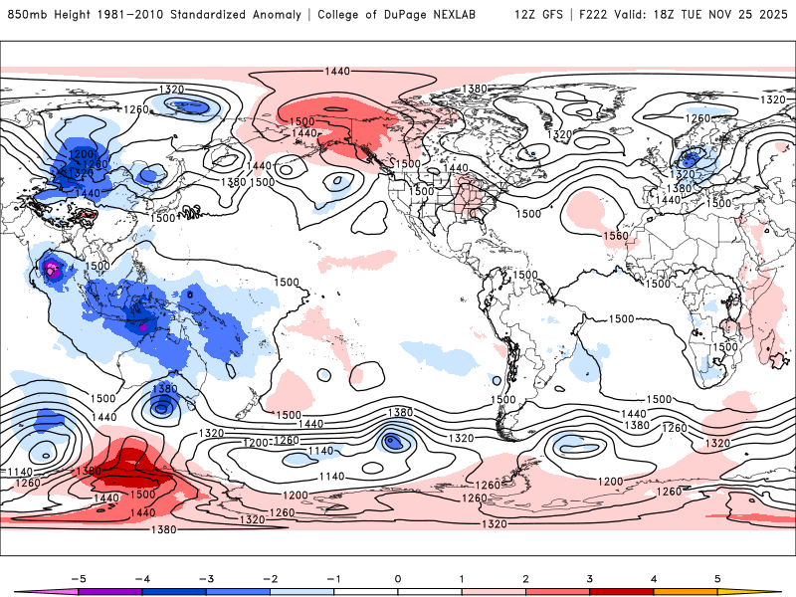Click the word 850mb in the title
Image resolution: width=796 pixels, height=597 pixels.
pos(26,15)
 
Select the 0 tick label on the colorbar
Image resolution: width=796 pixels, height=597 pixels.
pos(398,577)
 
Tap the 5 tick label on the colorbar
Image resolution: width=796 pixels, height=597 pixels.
pos(717,577)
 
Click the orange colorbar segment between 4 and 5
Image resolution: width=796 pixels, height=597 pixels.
pos(686,591)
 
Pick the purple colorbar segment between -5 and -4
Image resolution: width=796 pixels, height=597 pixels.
pos(110,591)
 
